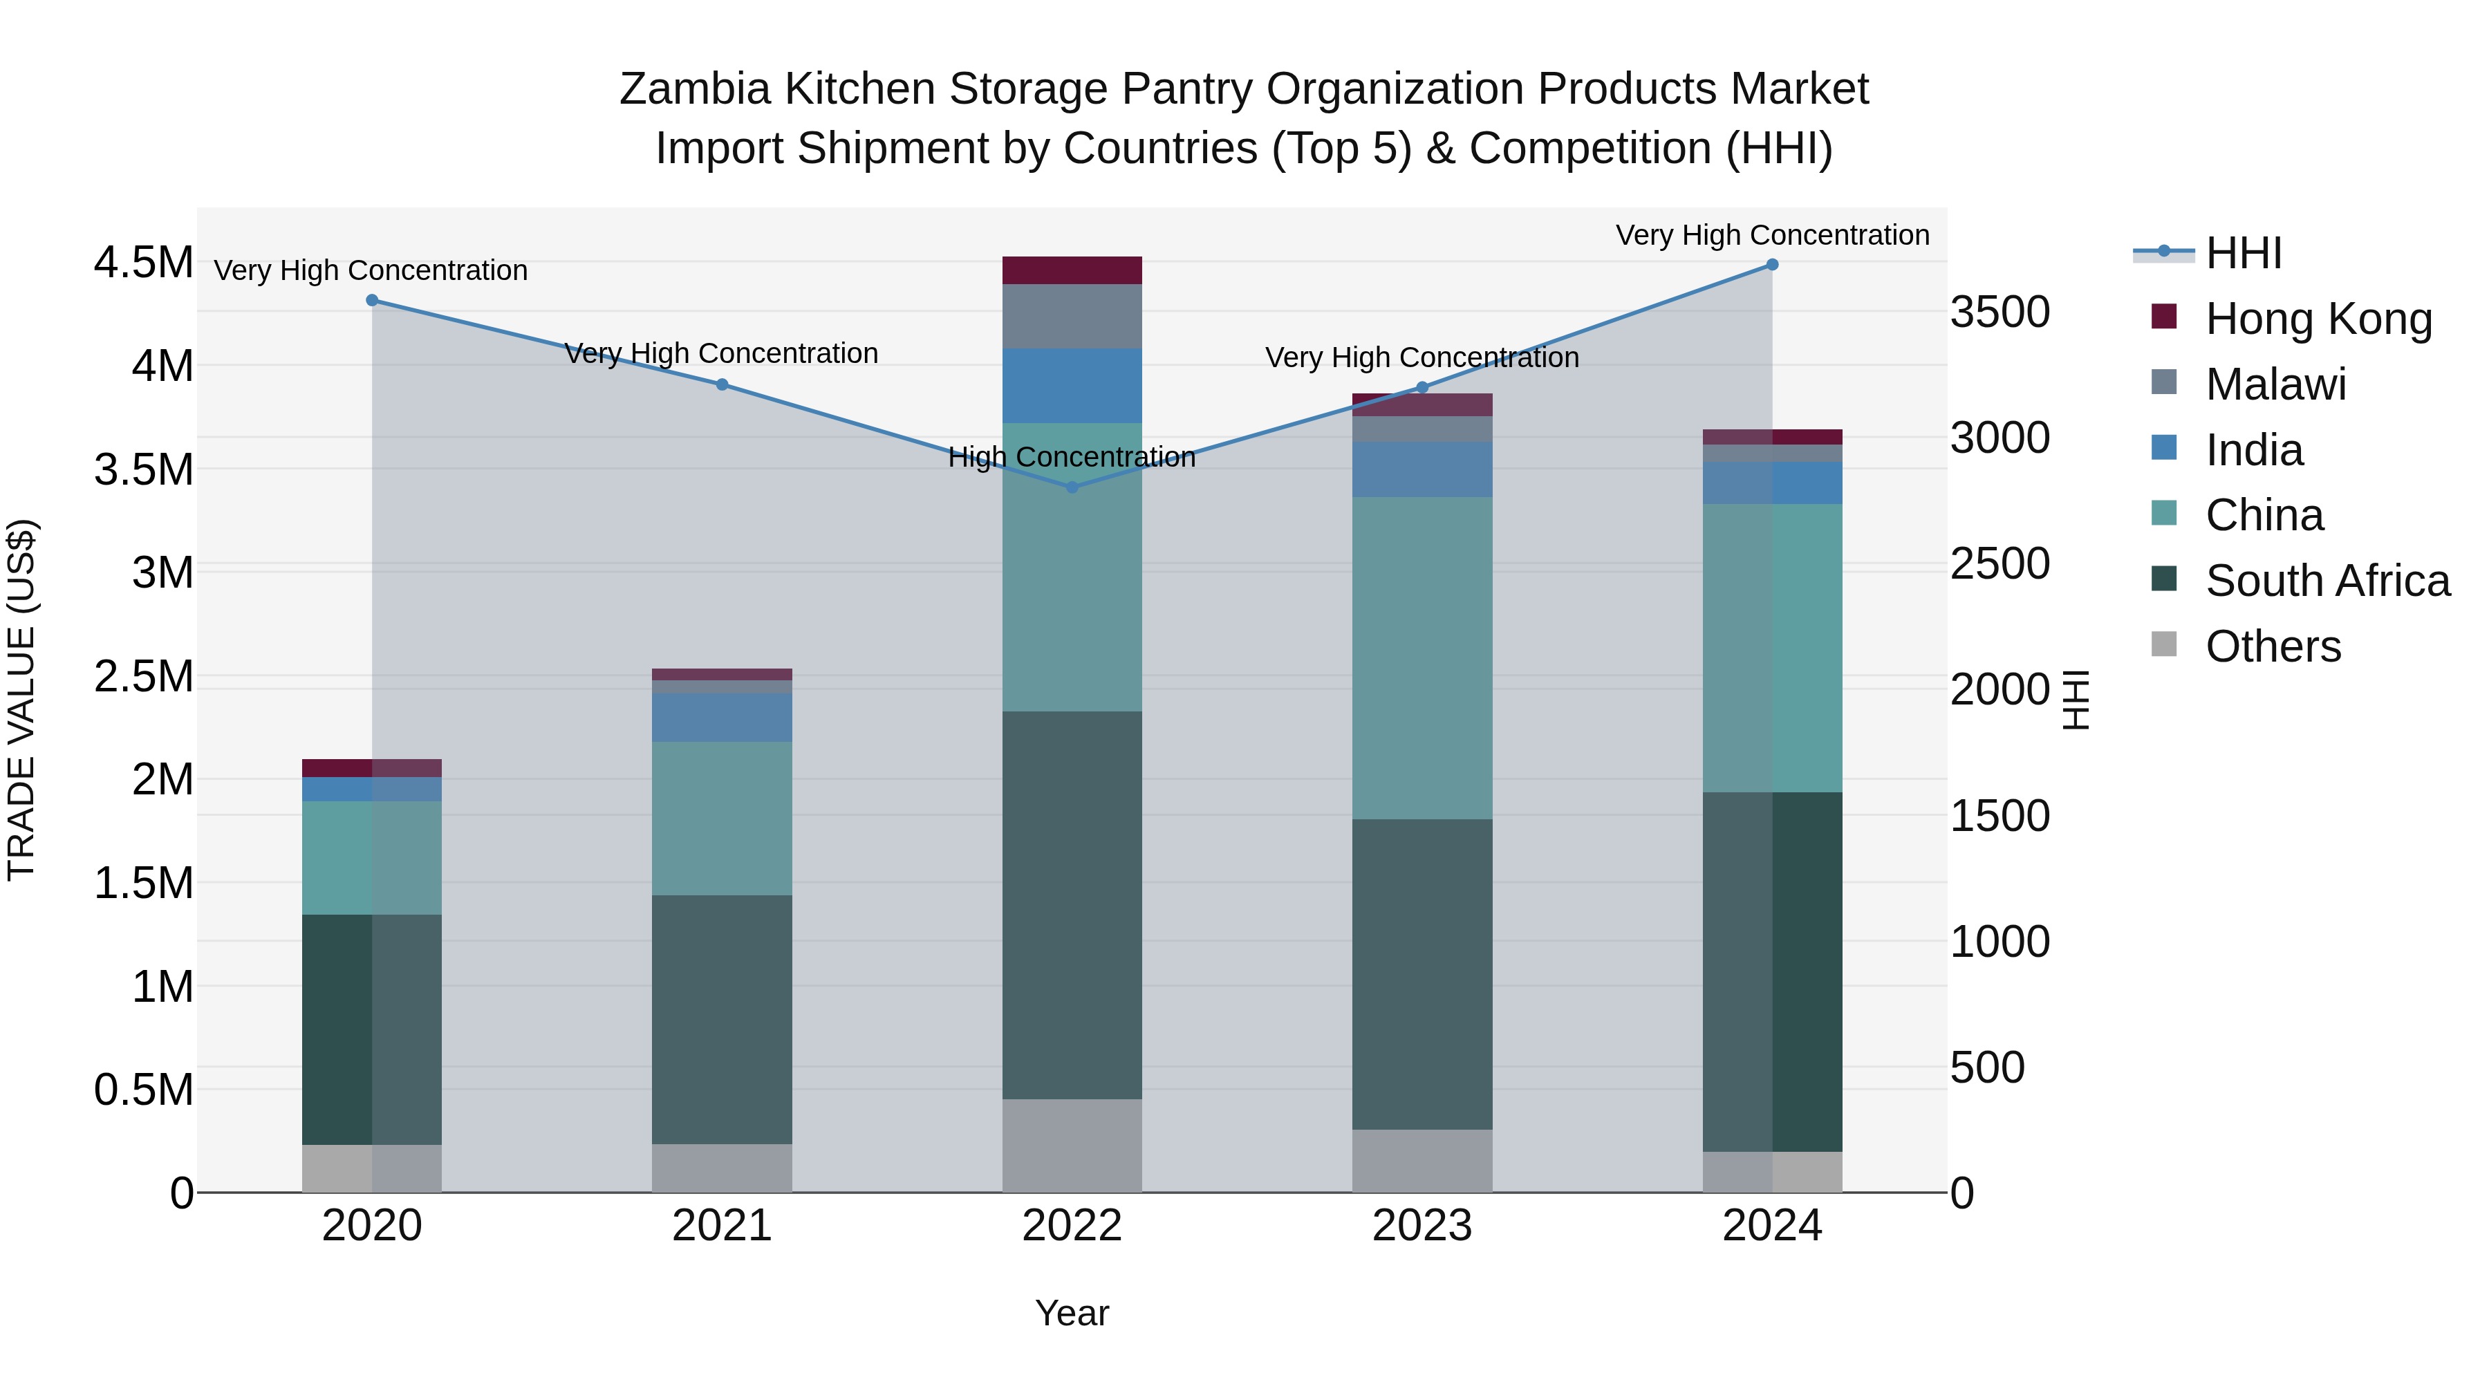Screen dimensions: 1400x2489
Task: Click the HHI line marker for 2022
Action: point(1072,487)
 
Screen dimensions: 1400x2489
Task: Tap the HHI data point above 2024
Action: point(1772,265)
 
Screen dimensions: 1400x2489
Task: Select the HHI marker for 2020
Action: point(372,301)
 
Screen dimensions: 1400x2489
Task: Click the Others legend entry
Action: point(2273,646)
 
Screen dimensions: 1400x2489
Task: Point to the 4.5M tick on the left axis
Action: point(143,263)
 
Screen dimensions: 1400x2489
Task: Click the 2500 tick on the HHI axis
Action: point(1999,563)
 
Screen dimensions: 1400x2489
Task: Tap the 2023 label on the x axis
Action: point(1421,1226)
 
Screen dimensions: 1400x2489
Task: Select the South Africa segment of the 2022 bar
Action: point(1072,904)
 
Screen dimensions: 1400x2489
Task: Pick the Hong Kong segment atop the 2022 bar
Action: point(1072,270)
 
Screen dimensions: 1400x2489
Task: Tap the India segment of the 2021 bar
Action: point(722,717)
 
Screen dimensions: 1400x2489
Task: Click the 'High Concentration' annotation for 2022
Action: point(1072,457)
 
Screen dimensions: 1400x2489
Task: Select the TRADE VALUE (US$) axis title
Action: point(21,700)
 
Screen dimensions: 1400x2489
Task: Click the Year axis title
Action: point(1072,1313)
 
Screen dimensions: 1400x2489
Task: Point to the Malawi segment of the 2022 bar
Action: point(1072,316)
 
